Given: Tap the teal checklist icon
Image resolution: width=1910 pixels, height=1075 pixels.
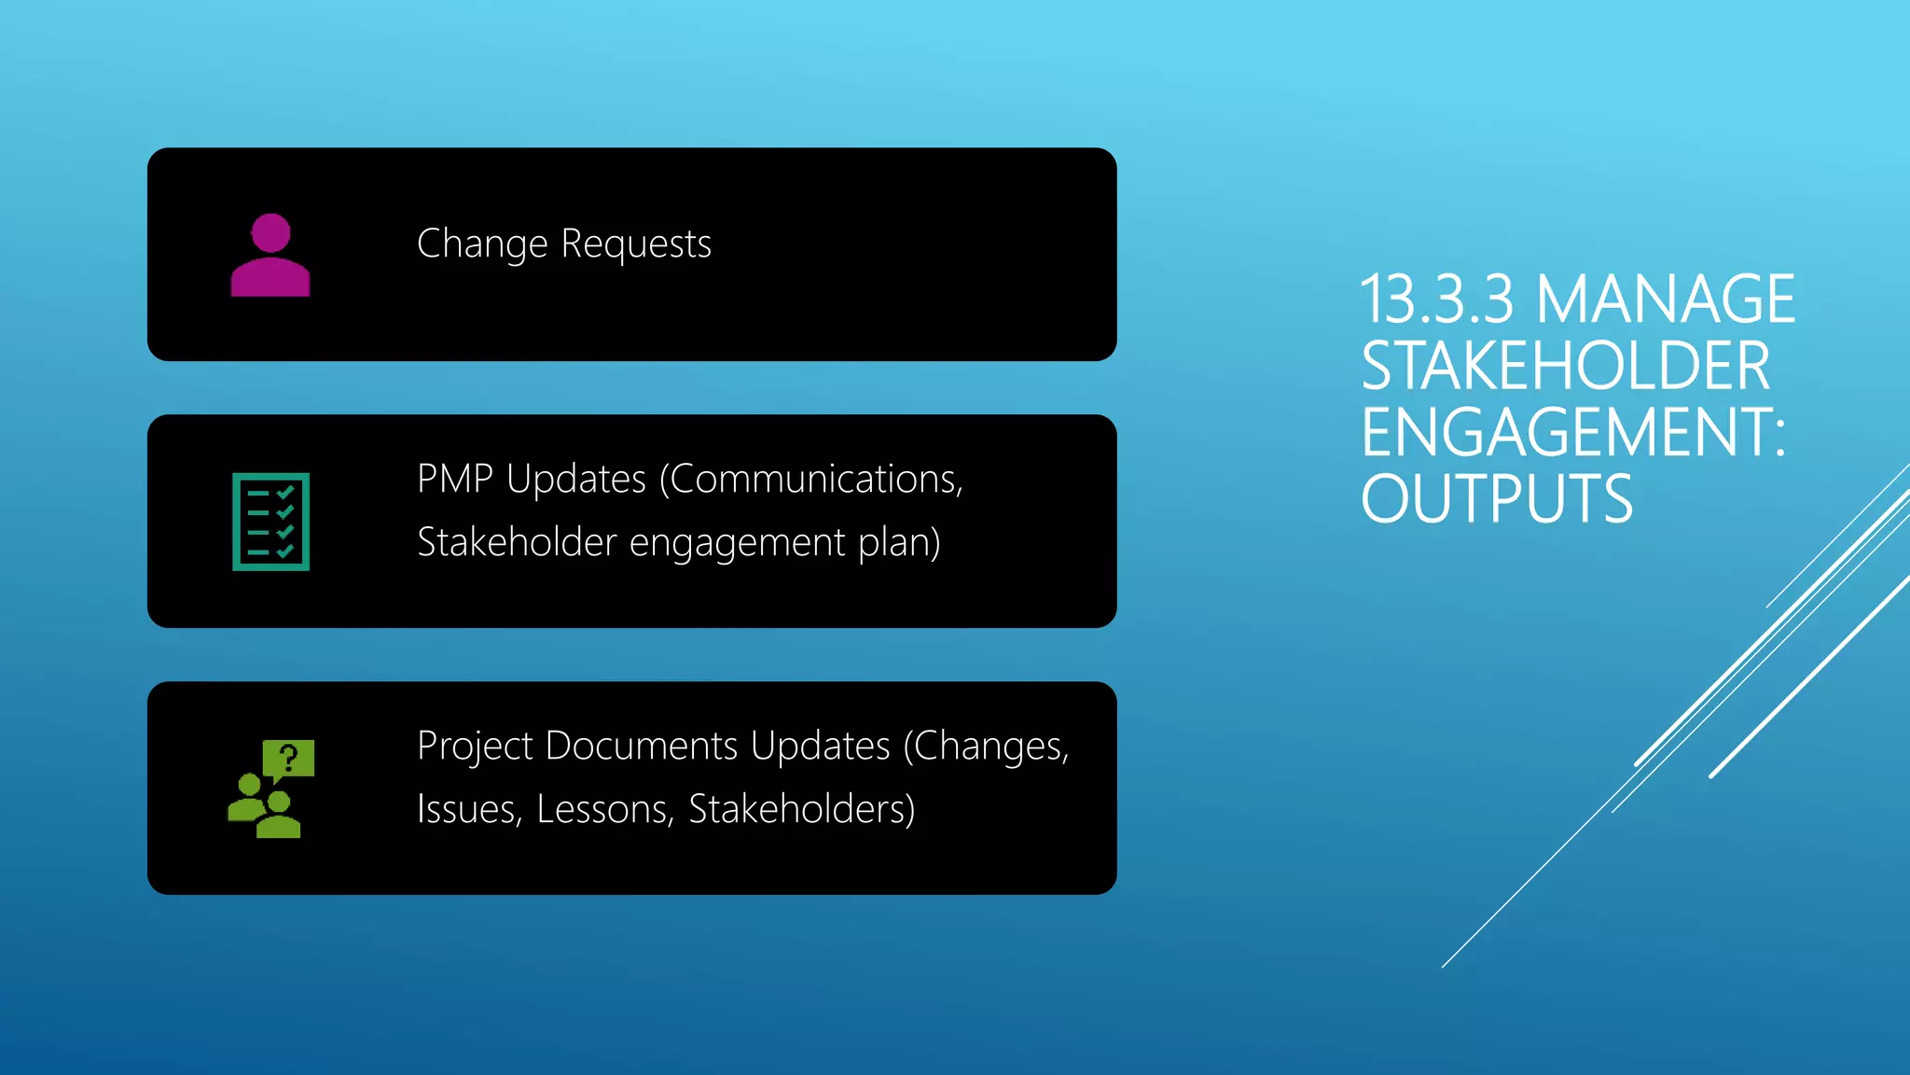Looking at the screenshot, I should (270, 522).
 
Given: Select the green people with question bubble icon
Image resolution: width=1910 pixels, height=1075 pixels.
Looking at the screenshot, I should (270, 789).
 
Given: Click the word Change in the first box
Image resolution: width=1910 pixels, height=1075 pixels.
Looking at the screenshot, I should (482, 244).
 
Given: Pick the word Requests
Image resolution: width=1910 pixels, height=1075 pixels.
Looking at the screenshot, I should (636, 244).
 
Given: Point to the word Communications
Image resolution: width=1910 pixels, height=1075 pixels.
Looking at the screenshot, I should (816, 479).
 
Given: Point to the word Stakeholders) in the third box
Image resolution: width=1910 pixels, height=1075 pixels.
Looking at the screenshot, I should (801, 809).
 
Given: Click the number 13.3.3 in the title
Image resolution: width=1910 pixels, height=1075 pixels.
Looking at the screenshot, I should (1437, 300).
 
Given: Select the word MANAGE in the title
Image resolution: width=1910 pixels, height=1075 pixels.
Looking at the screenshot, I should (1665, 300).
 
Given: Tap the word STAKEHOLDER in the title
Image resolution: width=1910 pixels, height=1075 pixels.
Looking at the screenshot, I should (1565, 366).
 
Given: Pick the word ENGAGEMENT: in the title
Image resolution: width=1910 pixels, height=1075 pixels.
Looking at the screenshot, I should (1573, 432).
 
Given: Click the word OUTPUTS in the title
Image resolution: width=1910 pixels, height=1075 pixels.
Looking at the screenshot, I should (1496, 499).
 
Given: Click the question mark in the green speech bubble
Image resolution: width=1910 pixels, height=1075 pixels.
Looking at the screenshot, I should (289, 757).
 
